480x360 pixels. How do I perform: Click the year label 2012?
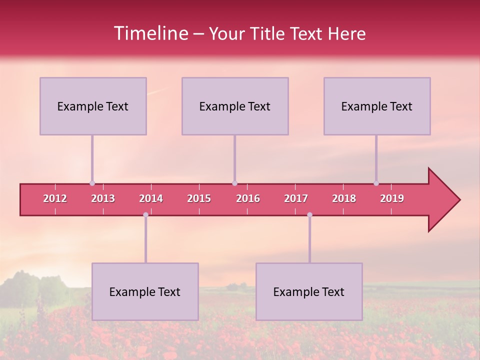tap(55, 198)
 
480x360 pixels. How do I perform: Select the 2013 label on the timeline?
tap(103, 198)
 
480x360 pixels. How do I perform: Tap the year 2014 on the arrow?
tap(151, 198)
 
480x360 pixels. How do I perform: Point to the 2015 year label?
tap(199, 198)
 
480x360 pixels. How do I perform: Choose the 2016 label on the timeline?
tap(248, 198)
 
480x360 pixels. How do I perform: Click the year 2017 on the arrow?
tap(296, 198)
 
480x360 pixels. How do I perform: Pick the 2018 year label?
tap(344, 198)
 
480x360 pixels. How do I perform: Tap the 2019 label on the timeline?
tap(392, 198)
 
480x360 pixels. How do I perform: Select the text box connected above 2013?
tap(93, 106)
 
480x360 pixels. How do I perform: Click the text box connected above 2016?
tap(235, 106)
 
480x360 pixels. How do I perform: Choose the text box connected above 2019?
tap(377, 106)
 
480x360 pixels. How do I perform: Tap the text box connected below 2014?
tap(145, 291)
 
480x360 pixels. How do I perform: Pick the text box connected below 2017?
tap(309, 291)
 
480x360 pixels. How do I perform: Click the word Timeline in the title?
tap(150, 33)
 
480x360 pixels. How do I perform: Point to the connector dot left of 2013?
tap(92, 183)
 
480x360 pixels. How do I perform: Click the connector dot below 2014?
tap(145, 215)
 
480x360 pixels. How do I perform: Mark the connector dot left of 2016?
tap(234, 183)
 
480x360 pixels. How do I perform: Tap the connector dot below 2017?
tap(309, 215)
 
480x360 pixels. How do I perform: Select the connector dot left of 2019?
tap(376, 183)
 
